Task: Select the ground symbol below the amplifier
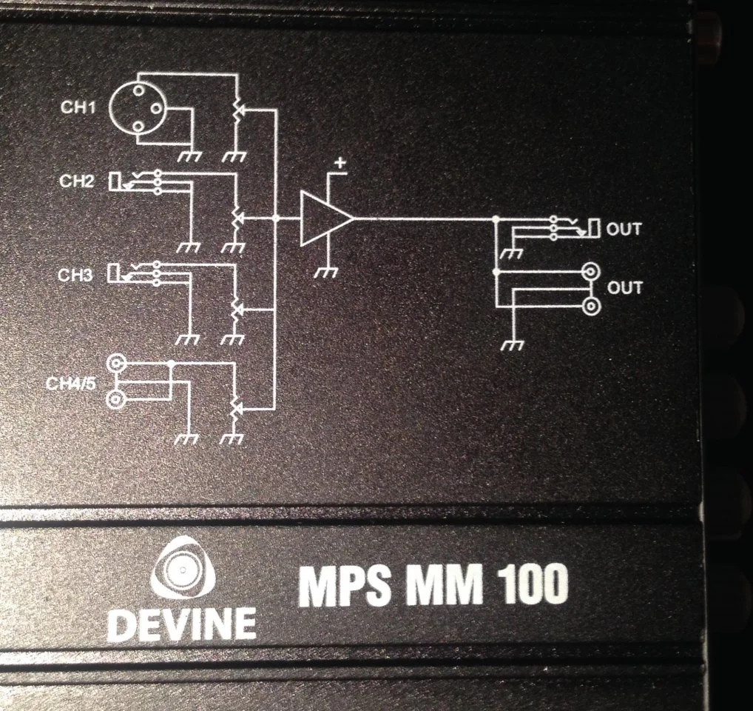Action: [326, 273]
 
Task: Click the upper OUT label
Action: [624, 229]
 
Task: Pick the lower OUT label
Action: [625, 287]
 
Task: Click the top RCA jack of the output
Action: [591, 273]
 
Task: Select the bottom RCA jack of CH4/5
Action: [116, 401]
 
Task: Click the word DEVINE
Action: [181, 624]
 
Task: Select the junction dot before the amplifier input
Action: [275, 218]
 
